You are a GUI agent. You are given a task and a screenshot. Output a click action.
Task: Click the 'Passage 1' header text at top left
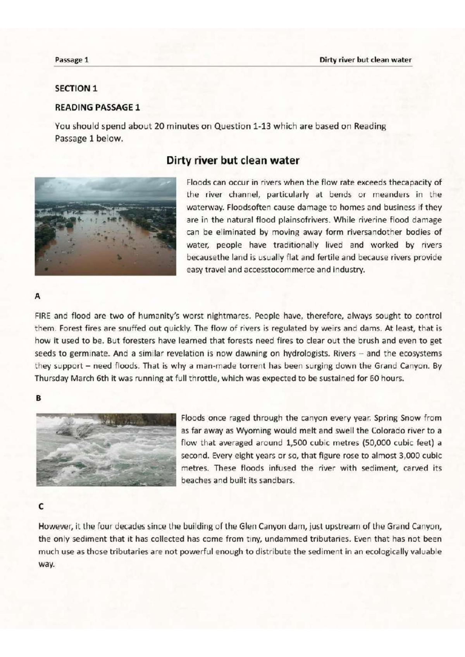tap(72, 60)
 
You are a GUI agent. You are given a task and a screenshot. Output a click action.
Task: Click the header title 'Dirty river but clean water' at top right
tap(365, 60)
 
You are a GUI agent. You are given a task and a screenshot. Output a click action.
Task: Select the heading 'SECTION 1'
tap(76, 88)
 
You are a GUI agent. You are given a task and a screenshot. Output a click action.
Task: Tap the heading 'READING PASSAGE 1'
tap(97, 107)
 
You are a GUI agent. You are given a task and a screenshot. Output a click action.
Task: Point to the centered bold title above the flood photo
tap(232, 161)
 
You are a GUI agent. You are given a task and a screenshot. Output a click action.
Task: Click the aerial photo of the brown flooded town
tap(105, 226)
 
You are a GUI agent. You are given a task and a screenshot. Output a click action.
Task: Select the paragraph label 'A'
tap(38, 297)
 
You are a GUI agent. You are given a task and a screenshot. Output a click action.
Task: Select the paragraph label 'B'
tap(38, 398)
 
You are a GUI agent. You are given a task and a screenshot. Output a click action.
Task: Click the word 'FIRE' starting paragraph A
tap(43, 316)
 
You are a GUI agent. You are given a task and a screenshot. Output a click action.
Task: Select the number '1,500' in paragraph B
tap(295, 443)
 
